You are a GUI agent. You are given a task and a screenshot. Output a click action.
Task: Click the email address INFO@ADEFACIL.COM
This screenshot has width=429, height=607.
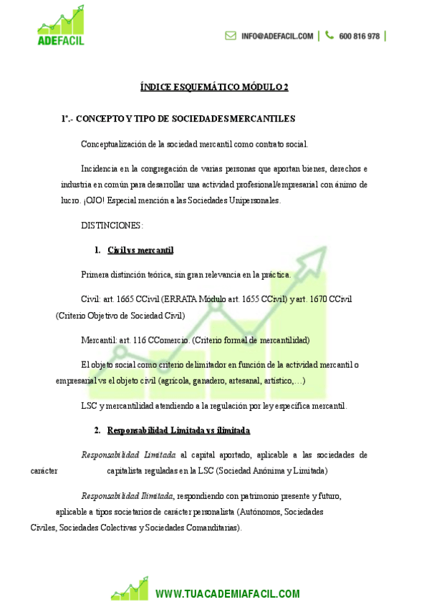click(277, 36)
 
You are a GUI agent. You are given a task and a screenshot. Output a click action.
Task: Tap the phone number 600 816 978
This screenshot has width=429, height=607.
click(360, 36)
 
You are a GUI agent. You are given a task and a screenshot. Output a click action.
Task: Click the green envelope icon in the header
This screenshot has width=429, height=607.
click(231, 36)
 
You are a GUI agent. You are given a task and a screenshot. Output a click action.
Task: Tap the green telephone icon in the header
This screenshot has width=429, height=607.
click(329, 35)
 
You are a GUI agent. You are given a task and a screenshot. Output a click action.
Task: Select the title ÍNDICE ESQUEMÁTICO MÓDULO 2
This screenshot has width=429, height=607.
click(214, 88)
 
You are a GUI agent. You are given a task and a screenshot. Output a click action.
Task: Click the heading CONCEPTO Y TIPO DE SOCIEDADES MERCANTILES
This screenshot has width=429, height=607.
click(185, 118)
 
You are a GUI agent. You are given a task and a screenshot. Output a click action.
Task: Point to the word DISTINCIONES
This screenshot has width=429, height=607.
click(112, 225)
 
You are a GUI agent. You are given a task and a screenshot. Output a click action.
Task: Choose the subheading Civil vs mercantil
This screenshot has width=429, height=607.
click(140, 250)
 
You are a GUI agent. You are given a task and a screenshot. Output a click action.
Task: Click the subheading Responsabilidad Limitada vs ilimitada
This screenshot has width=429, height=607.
click(178, 430)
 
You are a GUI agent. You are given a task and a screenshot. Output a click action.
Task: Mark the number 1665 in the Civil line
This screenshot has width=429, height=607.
click(125, 298)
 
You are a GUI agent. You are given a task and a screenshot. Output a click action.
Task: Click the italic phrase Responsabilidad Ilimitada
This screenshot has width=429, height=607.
click(127, 495)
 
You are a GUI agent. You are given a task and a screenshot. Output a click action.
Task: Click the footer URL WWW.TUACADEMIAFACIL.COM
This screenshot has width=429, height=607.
click(227, 593)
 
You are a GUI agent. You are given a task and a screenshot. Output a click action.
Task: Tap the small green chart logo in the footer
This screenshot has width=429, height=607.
click(130, 588)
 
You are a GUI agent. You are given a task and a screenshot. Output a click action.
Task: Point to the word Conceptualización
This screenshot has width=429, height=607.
click(116, 144)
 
